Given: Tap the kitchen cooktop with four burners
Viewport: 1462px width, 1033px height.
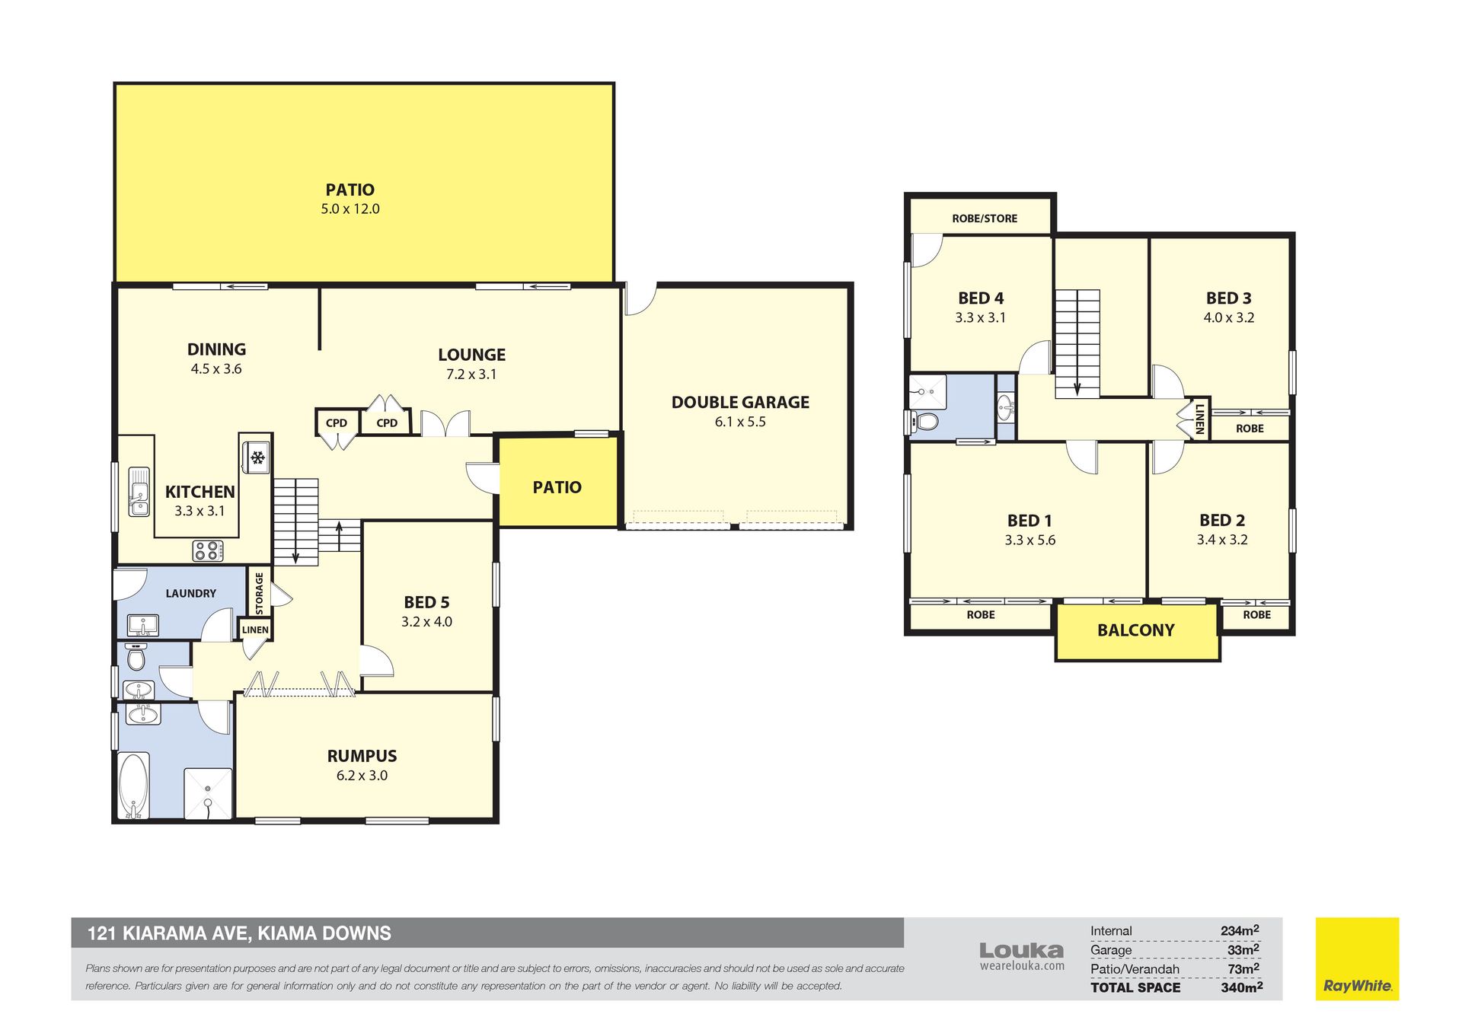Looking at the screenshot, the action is tap(208, 550).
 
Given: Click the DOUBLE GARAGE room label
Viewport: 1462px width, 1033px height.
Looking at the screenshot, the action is tap(740, 402).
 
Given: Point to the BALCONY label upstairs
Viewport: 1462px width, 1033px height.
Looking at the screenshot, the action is tap(1135, 630).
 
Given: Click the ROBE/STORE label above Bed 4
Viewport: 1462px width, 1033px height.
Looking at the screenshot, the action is tap(985, 218).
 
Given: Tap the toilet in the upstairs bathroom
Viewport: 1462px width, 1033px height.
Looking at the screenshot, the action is tap(924, 420).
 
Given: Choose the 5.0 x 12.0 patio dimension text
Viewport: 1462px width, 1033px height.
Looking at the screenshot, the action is tap(350, 209).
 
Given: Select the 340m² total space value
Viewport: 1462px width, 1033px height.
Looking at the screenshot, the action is tap(1241, 987).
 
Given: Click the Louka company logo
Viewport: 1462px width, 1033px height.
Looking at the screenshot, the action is tap(1021, 955).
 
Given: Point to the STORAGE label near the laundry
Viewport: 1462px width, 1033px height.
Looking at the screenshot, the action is tap(259, 594).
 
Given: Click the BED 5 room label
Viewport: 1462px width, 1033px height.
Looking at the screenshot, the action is tap(426, 602).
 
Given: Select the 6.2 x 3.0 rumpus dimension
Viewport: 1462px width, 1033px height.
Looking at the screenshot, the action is tap(362, 776).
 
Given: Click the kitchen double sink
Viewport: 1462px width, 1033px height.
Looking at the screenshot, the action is tap(139, 492).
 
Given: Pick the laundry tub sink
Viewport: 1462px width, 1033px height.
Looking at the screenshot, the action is tap(142, 625).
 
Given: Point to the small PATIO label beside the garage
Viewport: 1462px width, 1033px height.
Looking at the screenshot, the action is tap(557, 487).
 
